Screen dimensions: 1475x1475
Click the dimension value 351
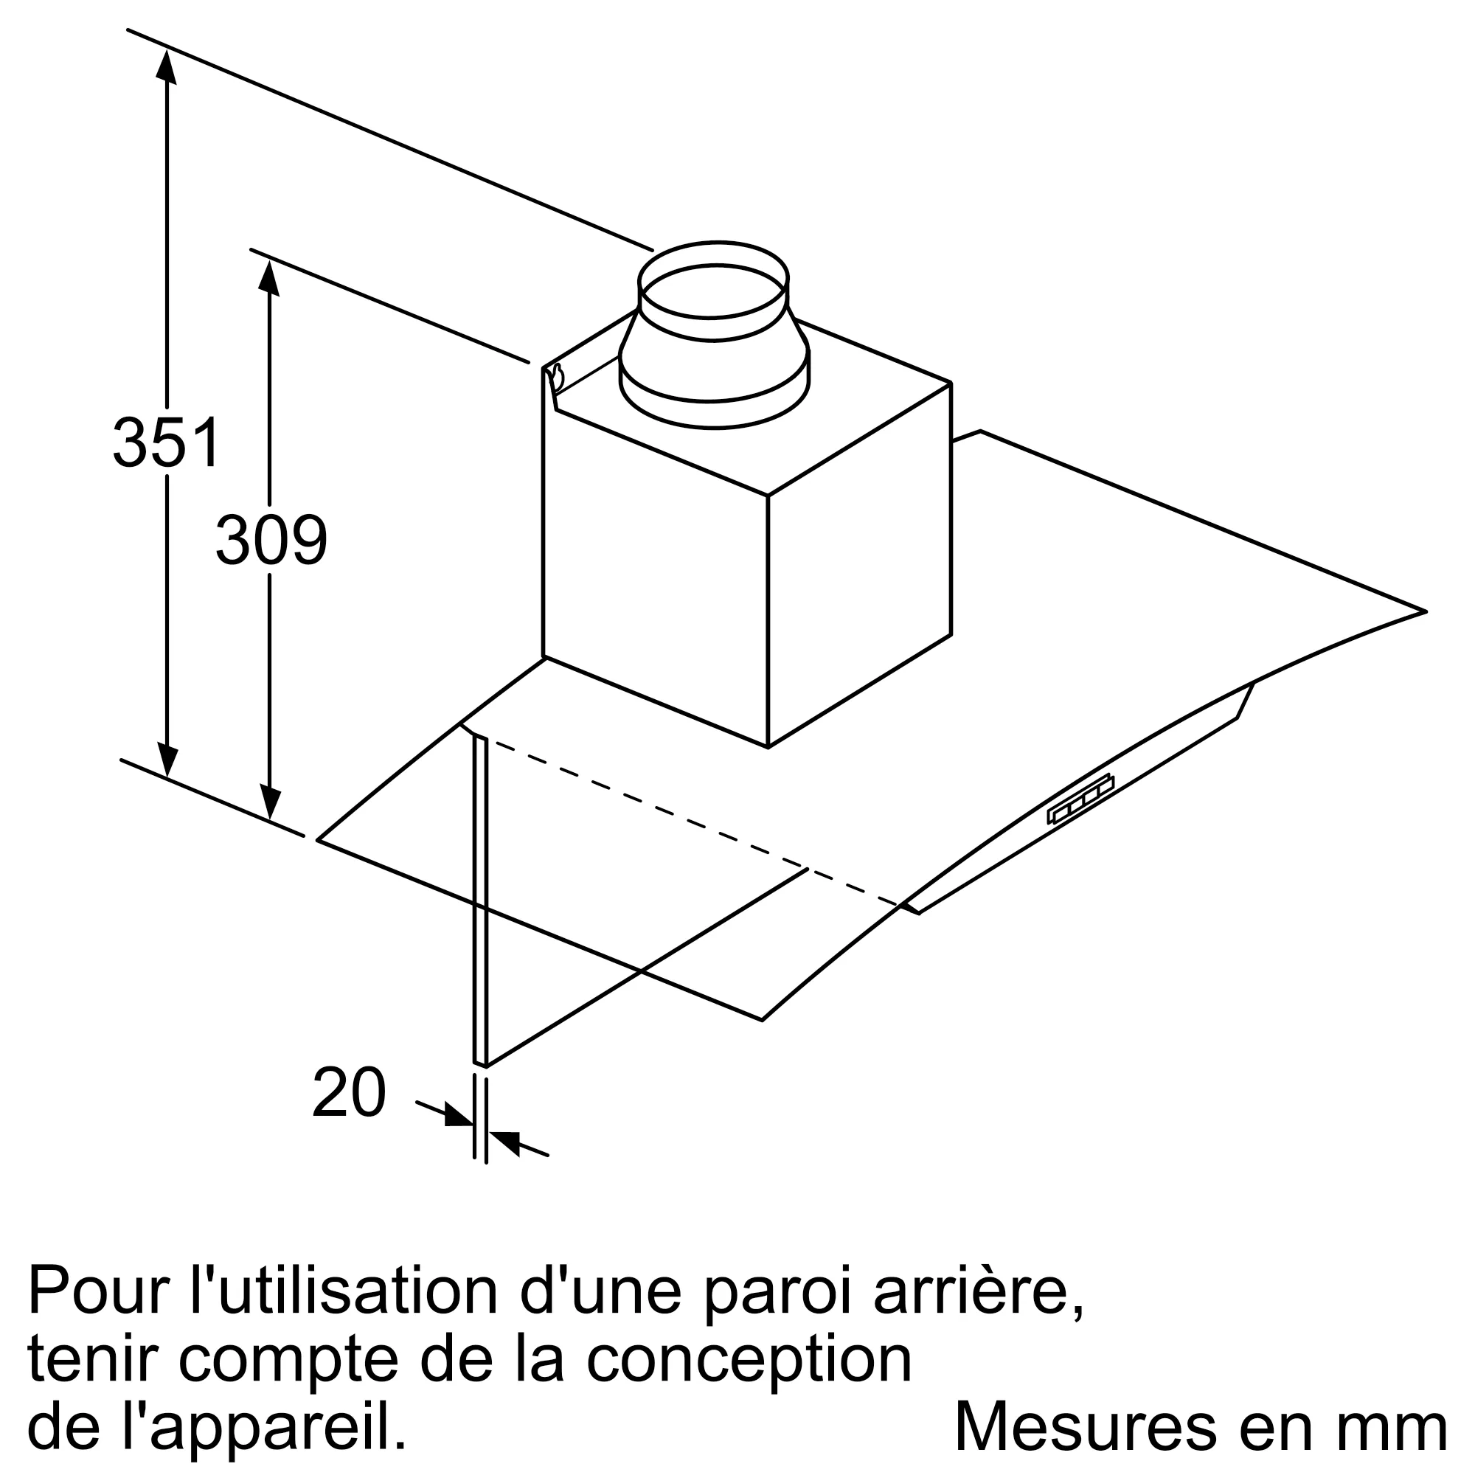coord(167,442)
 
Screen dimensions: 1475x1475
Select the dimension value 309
coord(271,540)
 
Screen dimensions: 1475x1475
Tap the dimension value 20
coord(349,1092)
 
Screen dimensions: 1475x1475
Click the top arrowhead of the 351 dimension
coord(167,64)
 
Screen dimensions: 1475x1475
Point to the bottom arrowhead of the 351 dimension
coord(167,760)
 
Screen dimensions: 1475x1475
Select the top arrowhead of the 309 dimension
coord(268,278)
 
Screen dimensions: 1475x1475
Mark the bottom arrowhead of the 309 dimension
coord(269,802)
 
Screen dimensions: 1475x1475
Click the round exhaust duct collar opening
coord(713,291)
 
